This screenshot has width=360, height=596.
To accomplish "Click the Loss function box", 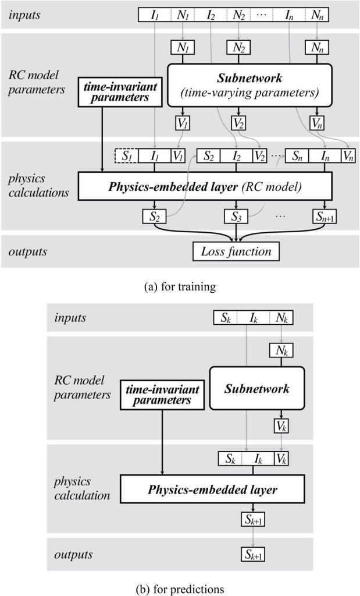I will tap(236, 252).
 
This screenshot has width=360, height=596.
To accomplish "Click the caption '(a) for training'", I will tap(180, 286).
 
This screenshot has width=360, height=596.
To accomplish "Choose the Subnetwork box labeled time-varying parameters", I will tap(249, 85).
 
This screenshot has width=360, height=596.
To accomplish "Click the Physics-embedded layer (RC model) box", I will tap(205, 186).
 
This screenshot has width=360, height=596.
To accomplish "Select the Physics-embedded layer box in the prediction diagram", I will tap(212, 489).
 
